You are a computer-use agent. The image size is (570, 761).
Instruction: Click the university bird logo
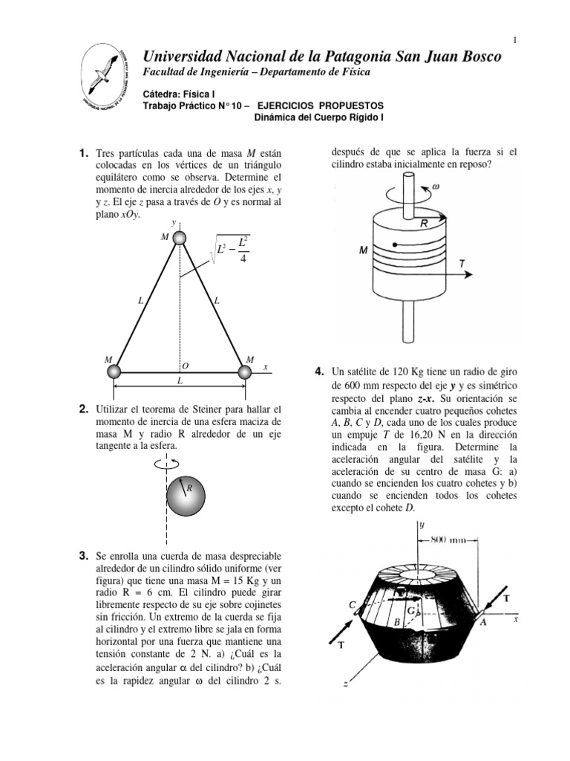105,76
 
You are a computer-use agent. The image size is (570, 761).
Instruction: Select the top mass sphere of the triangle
180,237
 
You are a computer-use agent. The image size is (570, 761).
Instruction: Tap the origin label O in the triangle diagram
185,365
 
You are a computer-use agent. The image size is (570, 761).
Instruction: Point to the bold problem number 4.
319,371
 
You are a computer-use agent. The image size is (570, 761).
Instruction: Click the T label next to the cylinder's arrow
462,263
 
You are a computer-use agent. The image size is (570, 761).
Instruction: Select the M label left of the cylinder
364,250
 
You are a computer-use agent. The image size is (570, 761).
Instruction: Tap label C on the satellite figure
353,605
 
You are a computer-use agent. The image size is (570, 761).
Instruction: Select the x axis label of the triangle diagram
265,366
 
